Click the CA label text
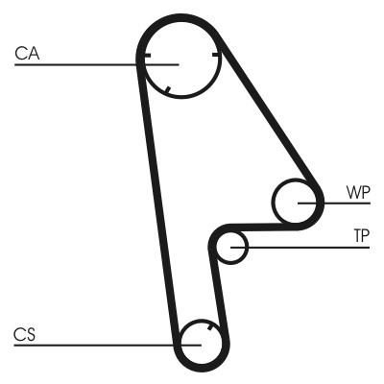(26, 54)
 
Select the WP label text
(356, 191)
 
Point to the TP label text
(361, 235)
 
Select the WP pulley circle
(295, 203)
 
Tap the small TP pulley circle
(231, 247)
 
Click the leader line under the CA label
(77, 64)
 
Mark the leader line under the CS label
(86, 345)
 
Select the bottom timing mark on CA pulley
(168, 92)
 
